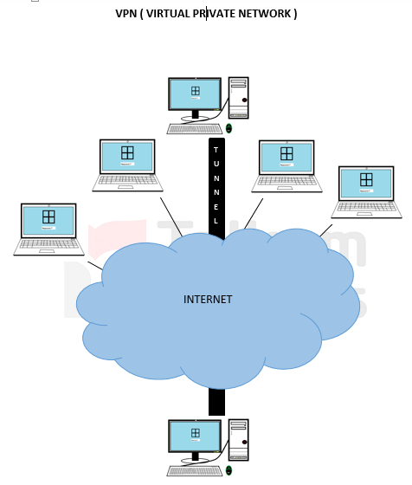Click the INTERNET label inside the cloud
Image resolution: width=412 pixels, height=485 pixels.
[x=208, y=300]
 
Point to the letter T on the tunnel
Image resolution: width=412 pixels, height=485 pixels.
[x=216, y=150]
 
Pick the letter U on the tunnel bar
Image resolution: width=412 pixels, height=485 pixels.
[x=216, y=164]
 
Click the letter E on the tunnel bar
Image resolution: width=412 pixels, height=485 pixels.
[x=216, y=207]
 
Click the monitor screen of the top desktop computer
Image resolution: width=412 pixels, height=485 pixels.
[x=195, y=93]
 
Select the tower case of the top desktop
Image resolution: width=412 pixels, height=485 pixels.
[x=238, y=98]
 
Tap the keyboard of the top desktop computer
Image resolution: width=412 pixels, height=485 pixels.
[x=195, y=129]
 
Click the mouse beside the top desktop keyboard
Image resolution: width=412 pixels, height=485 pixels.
[x=229, y=128]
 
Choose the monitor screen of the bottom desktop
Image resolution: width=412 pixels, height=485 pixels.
[x=195, y=435]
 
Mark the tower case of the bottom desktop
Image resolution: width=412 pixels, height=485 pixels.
[x=238, y=440]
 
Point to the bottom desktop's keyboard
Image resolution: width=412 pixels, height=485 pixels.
[x=195, y=471]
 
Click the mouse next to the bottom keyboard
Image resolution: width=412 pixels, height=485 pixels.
[x=229, y=470]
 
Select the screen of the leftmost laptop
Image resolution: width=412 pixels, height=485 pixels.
[x=48, y=220]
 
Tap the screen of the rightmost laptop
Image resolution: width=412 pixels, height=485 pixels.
[x=366, y=183]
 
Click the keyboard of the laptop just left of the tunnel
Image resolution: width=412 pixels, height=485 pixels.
[x=127, y=181]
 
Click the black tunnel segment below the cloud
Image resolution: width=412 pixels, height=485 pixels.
[x=216, y=400]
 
